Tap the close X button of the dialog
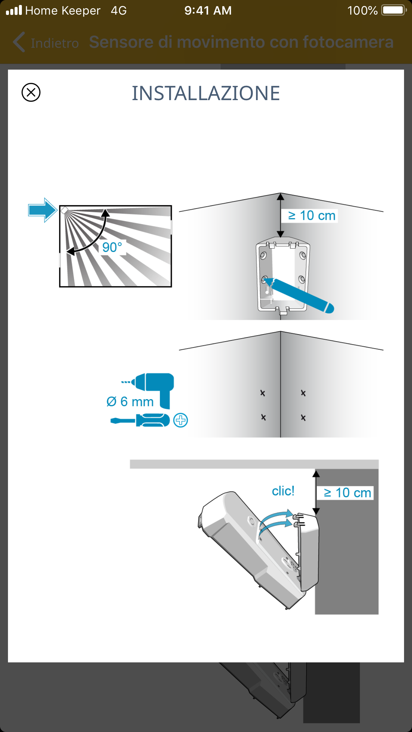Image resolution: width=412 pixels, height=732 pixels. (x=31, y=92)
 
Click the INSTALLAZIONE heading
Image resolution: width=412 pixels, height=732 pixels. (x=206, y=93)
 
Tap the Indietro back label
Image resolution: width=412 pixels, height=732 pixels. (x=54, y=43)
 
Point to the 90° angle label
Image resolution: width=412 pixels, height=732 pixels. (x=112, y=247)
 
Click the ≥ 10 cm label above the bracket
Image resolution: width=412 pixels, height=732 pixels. (x=311, y=215)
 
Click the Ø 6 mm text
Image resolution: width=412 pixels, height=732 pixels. (x=130, y=402)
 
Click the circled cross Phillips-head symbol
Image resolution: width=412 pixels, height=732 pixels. (x=181, y=420)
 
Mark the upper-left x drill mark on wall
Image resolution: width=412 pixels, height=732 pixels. (x=263, y=393)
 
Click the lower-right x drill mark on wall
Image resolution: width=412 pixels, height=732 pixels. (x=303, y=418)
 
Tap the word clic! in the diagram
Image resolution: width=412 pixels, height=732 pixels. (x=283, y=491)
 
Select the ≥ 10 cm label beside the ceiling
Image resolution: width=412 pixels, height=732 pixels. (x=348, y=493)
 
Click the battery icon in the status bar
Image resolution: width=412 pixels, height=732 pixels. (x=394, y=10)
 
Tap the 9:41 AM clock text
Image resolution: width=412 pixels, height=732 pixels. (x=208, y=11)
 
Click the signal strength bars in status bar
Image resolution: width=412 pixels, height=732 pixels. (x=14, y=10)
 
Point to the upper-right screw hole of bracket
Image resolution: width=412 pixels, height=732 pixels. (x=303, y=255)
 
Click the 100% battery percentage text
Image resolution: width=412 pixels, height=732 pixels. (x=362, y=11)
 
